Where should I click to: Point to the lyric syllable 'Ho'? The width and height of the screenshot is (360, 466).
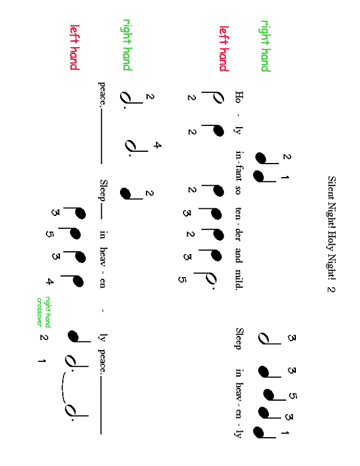click(x=239, y=97)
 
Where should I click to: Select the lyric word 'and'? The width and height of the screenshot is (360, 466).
click(x=239, y=255)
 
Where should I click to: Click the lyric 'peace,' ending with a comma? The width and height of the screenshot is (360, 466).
click(x=102, y=94)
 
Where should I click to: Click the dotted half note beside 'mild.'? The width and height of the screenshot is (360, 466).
click(x=205, y=279)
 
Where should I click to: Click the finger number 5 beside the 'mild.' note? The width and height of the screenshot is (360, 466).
click(x=182, y=279)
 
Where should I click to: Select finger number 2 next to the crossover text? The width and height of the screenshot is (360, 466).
click(x=44, y=338)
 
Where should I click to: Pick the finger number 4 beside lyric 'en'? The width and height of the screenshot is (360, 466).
click(x=49, y=281)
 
